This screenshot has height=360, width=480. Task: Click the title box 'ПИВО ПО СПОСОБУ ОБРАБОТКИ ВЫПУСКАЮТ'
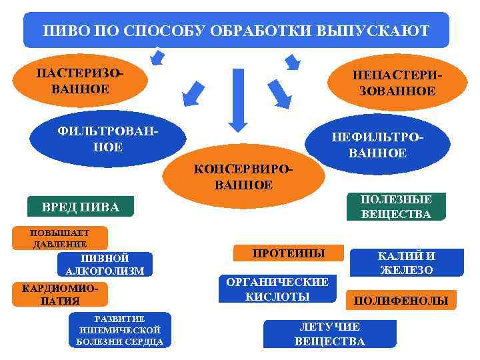(236, 31)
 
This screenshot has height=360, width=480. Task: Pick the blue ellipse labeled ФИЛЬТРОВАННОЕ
(107, 137)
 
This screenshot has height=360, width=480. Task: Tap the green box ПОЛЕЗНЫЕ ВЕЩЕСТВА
(396, 207)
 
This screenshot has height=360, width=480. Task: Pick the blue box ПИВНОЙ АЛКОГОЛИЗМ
(105, 264)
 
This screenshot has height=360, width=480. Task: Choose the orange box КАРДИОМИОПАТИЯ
(60, 294)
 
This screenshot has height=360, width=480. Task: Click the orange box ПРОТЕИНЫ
(288, 253)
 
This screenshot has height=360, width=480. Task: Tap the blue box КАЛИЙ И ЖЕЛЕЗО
(407, 263)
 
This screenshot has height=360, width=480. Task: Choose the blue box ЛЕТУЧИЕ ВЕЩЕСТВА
(330, 334)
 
